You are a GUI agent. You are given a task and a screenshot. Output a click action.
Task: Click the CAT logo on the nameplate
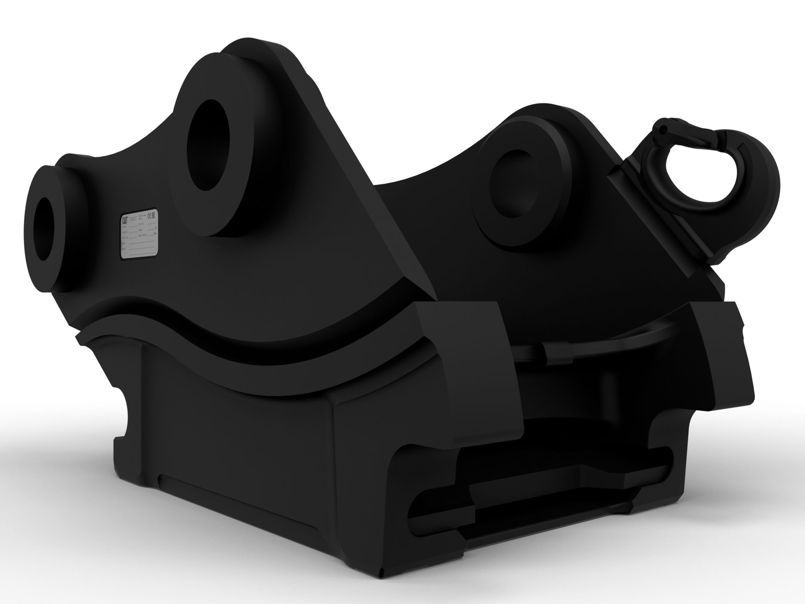(125, 221)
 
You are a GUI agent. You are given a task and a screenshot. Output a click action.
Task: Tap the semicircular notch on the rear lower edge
(124, 415)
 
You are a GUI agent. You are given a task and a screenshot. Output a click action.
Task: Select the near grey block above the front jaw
(462, 364)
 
